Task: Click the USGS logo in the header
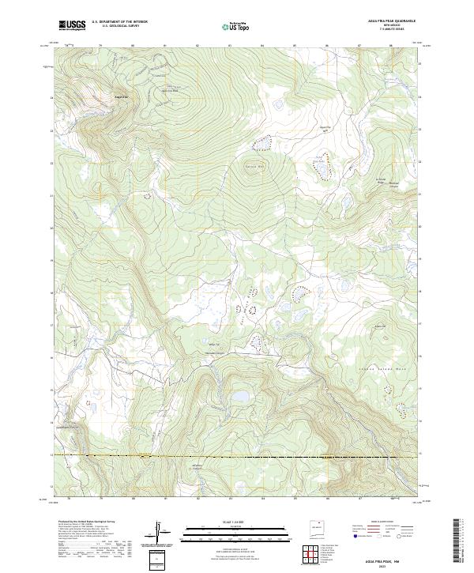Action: click(x=72, y=25)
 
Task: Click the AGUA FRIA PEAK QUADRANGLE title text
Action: click(x=394, y=21)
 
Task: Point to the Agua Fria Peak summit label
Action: click(x=122, y=97)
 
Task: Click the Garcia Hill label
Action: click(x=254, y=167)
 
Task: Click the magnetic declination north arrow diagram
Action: click(x=159, y=534)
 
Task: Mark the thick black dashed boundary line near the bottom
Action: click(x=237, y=457)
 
